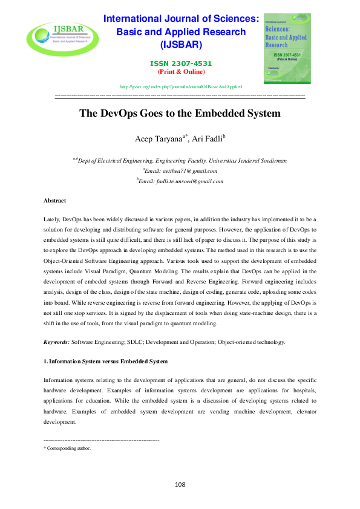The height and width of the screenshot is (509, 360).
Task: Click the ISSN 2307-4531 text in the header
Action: [181, 63]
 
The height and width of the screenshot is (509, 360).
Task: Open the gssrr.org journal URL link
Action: [181, 87]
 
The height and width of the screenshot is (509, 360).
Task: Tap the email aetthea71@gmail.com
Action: [183, 170]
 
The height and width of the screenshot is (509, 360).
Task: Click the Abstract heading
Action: [54, 200]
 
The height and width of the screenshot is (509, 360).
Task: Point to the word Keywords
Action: [56, 342]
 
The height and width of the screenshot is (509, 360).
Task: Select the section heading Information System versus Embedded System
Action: [106, 362]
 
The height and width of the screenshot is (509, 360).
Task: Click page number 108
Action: [180, 484]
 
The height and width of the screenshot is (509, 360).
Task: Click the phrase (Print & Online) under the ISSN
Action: [181, 71]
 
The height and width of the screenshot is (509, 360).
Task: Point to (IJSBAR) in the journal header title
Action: [181, 45]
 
